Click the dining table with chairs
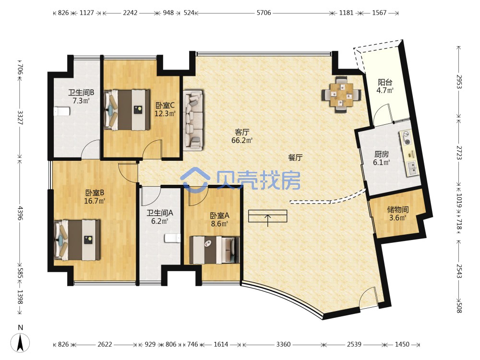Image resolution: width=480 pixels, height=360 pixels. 341,95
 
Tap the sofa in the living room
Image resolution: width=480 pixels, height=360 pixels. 193,120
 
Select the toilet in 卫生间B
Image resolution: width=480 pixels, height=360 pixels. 62,111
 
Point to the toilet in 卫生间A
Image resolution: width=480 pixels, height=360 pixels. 172,238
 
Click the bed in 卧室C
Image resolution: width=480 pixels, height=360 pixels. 127,110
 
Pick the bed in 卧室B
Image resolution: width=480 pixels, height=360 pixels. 77,240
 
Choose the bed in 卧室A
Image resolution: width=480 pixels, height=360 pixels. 214,250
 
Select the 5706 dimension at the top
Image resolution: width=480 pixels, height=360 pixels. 264,13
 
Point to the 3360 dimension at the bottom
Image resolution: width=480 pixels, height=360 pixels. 283,344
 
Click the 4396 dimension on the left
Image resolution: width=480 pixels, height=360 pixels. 20,213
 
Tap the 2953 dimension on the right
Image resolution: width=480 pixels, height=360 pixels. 459,82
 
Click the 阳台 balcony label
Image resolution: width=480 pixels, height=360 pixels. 385,83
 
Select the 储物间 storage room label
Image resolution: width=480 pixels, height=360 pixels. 397,210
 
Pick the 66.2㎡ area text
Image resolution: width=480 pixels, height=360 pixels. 242,141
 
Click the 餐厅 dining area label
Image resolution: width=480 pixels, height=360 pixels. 295,157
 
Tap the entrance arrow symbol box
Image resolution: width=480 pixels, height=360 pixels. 267,216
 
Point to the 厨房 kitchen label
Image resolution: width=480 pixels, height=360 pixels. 382,154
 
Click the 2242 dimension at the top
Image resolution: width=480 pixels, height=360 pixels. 130,13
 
